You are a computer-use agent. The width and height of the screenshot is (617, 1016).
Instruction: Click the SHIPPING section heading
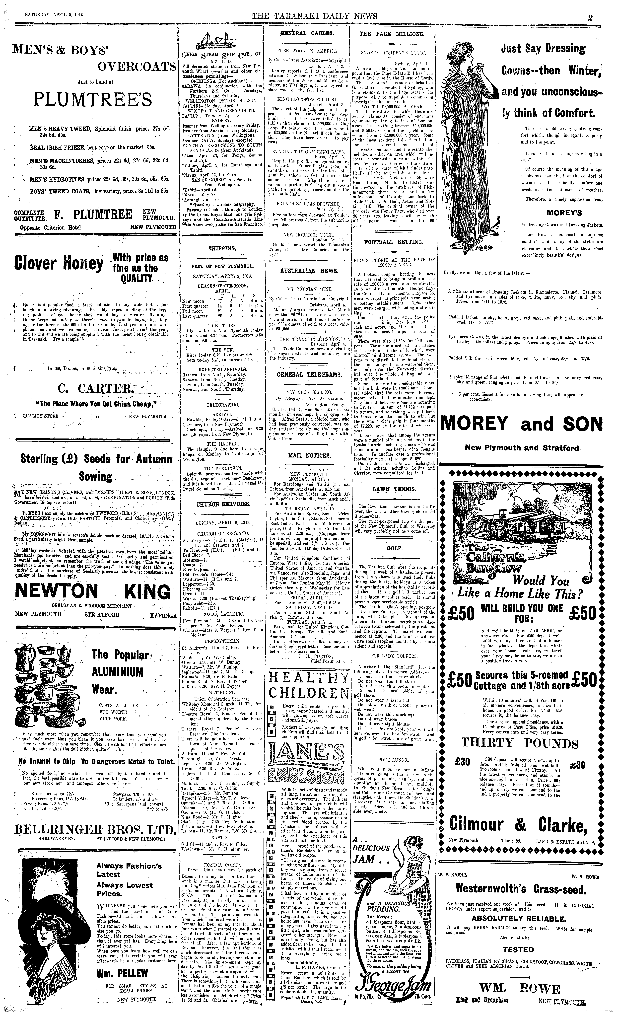click(x=222, y=248)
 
